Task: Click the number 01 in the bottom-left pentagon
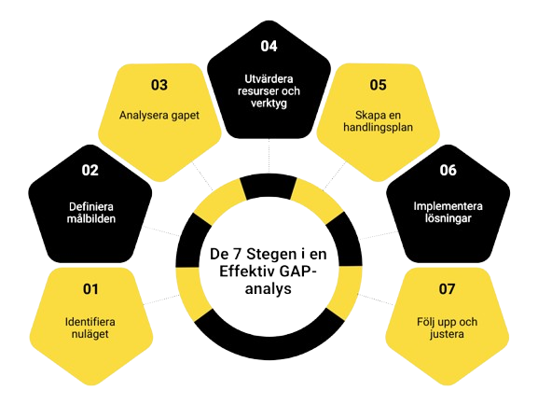pos(90,289)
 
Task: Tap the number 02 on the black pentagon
pos(90,170)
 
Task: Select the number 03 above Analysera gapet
pos(159,85)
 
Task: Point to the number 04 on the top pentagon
pos(269,46)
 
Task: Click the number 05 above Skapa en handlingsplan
pos(378,85)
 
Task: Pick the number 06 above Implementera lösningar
pos(448,170)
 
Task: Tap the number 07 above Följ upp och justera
pos(447,289)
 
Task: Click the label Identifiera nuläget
pos(90,327)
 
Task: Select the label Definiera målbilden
pos(91,213)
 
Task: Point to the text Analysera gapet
pos(159,116)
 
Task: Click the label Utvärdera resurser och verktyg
pos(269,91)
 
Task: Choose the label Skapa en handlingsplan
pos(378,121)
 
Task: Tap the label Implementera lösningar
pos(448,212)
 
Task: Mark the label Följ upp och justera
pos(447,327)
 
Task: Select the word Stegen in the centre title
pos(271,255)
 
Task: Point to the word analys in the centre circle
pos(269,289)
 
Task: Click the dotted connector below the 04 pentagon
pos(269,156)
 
